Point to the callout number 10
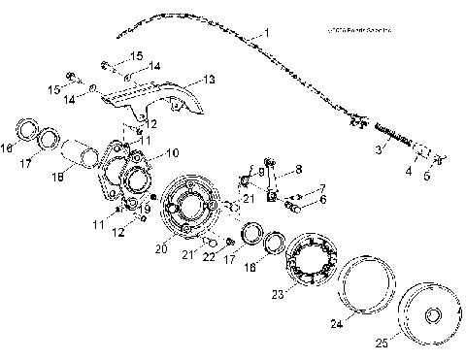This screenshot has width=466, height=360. pos(172,153)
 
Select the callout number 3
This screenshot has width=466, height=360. pos(381,149)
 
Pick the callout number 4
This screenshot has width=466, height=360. pos(409,172)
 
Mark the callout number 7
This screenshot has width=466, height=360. pos(322,188)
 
